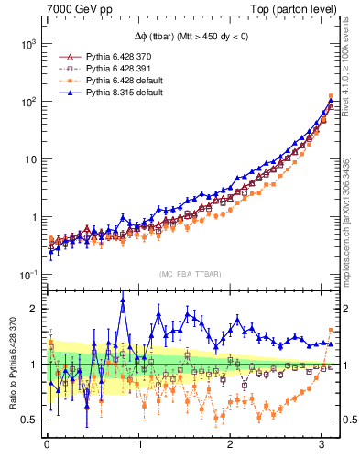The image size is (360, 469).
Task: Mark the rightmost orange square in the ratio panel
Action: pos(331,330)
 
